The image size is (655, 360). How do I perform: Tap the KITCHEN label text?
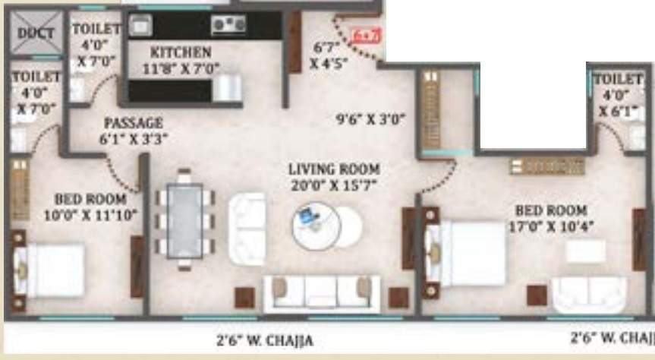(x=180, y=52)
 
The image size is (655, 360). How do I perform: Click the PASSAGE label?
(x=133, y=123)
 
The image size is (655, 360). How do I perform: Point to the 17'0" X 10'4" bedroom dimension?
(x=550, y=226)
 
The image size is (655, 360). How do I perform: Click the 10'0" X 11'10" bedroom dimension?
(x=90, y=215)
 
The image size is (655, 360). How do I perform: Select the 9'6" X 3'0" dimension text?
(x=372, y=119)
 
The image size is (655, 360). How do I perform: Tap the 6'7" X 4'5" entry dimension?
(x=329, y=55)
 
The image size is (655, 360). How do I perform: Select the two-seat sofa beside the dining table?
(x=248, y=228)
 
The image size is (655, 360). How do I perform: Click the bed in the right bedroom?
(x=467, y=254)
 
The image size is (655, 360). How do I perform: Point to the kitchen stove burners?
(x=227, y=25)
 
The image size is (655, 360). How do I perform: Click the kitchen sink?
(x=141, y=25)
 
